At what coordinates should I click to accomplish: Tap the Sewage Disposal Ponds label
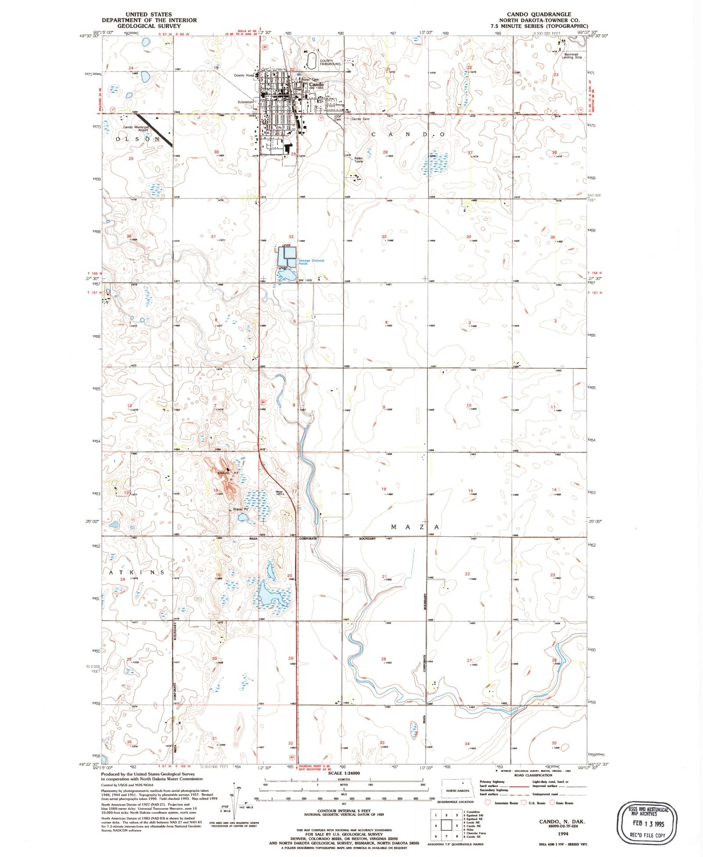click(x=311, y=262)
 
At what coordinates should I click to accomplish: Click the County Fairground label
click(x=330, y=62)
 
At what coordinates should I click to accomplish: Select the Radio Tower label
click(x=359, y=159)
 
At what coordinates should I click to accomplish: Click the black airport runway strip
click(x=154, y=130)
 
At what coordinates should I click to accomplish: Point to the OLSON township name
click(x=138, y=139)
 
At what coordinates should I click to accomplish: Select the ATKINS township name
click(x=136, y=572)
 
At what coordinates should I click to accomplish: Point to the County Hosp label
click(x=243, y=76)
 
